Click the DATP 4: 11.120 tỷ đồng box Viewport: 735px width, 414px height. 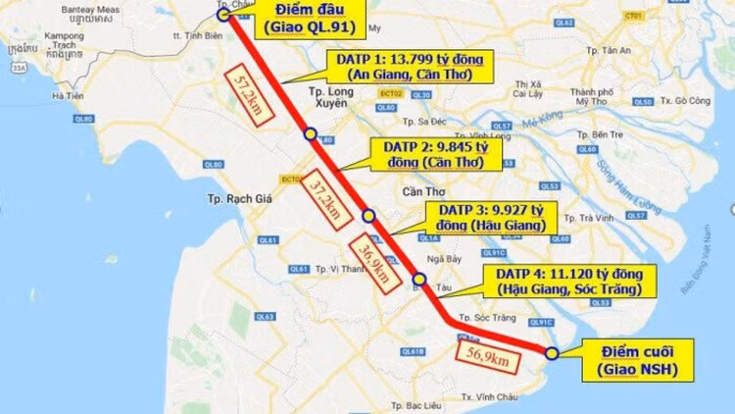566,281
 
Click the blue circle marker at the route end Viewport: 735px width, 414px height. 552,353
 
